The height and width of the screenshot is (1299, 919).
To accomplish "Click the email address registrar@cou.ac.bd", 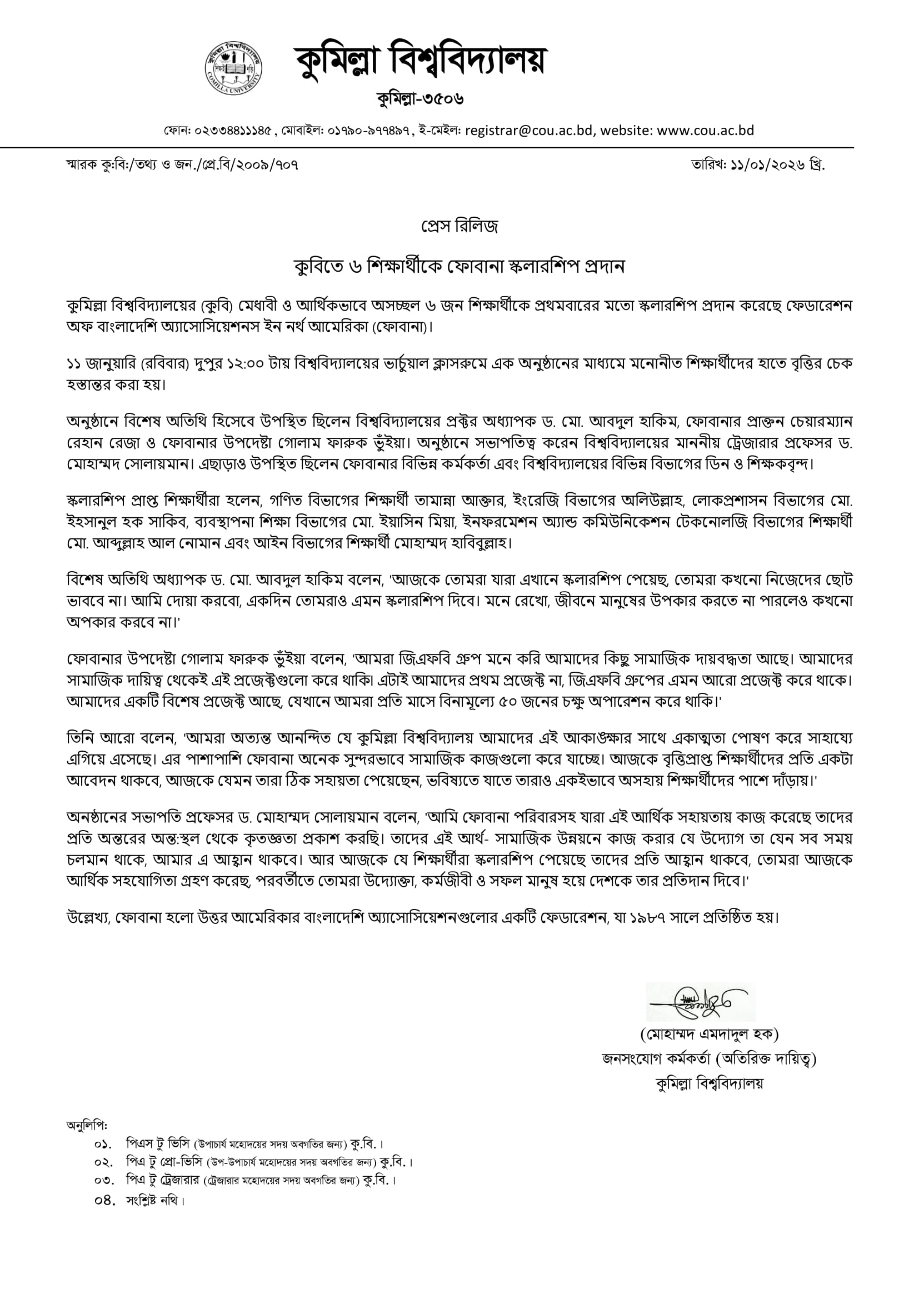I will tap(528, 131).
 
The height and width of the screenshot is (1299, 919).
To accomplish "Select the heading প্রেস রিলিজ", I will tap(459, 227).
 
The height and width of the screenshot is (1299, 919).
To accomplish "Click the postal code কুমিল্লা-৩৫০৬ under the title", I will tap(421, 99).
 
